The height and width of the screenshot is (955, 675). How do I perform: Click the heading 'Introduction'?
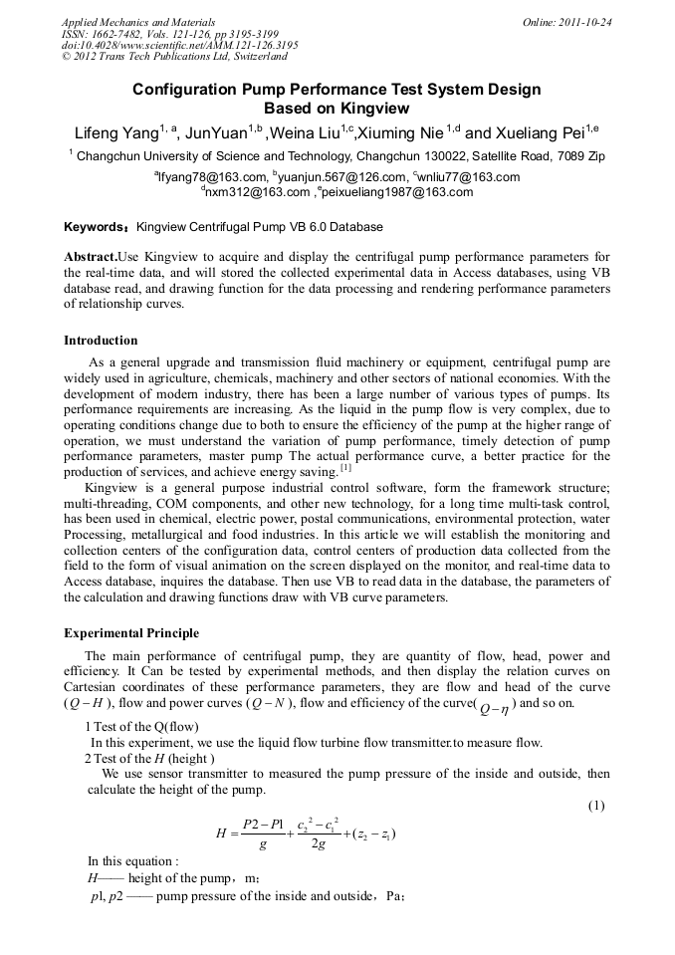click(101, 341)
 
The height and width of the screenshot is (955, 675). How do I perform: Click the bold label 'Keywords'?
click(96, 227)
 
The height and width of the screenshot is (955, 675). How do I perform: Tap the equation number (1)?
click(596, 805)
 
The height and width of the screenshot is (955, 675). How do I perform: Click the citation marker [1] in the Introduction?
click(345, 467)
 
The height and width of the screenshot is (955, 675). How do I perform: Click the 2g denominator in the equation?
click(320, 844)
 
